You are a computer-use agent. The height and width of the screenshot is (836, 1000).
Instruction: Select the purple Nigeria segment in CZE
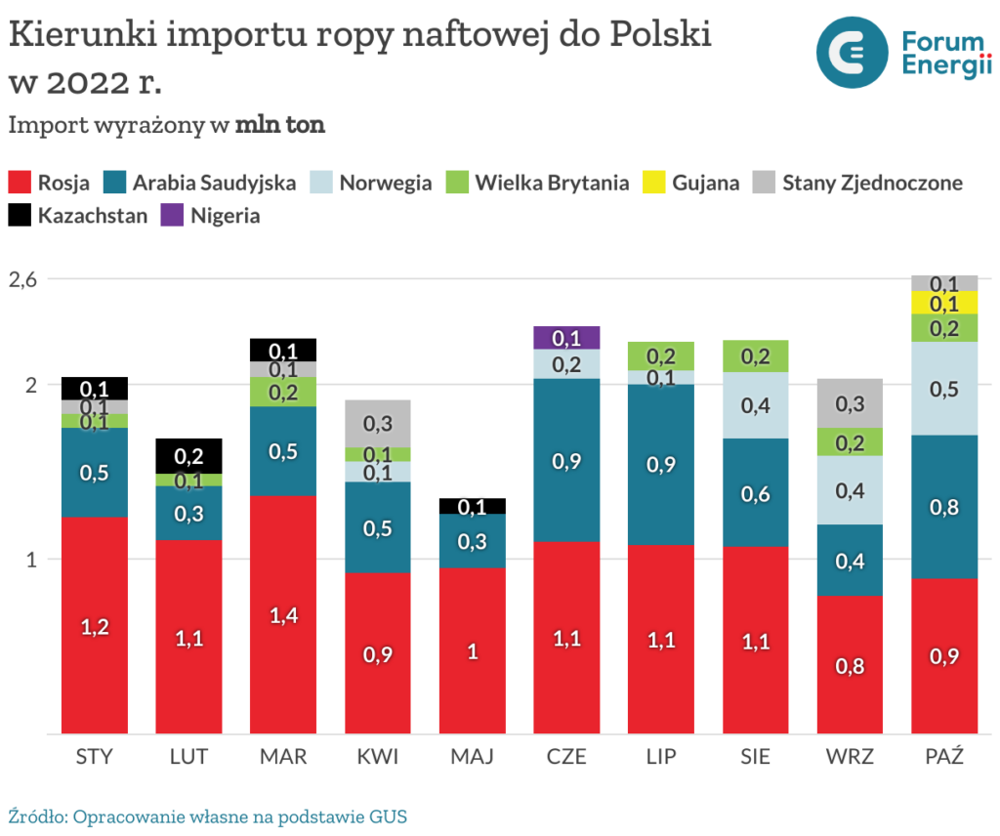tap(566, 338)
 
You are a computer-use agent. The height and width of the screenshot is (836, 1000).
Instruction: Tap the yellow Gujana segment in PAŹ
tap(944, 303)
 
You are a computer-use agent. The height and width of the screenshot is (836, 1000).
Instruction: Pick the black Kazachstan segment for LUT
tap(188, 456)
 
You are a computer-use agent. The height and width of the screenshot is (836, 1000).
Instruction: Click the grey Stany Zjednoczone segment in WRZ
tap(850, 402)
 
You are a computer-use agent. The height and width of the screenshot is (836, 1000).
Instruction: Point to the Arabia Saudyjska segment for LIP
tap(661, 464)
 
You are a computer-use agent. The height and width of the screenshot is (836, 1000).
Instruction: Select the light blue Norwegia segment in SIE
tap(756, 405)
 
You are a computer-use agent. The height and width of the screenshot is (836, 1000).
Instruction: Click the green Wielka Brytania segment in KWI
tap(378, 454)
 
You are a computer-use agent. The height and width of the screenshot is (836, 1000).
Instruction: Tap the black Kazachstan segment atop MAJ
tap(473, 506)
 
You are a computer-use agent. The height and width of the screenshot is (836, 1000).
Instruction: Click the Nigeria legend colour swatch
tap(172, 215)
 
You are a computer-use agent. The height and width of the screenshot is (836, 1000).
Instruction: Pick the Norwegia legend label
tap(386, 183)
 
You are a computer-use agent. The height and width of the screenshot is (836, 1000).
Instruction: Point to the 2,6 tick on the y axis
tap(23, 279)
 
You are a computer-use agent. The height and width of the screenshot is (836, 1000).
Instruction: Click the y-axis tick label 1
tap(30, 560)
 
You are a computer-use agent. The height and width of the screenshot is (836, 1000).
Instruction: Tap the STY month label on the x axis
tap(95, 757)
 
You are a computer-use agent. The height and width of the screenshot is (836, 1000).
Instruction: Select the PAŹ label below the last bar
tap(944, 757)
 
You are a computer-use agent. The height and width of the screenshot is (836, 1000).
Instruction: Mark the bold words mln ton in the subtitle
tap(279, 125)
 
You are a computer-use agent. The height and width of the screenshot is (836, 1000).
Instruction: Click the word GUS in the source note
tap(388, 816)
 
